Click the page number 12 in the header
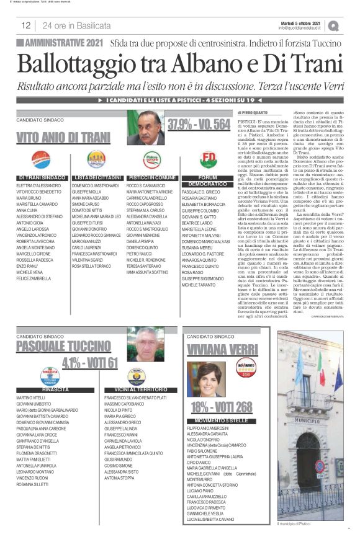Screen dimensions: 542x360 [26, 26]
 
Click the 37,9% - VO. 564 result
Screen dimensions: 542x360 [199, 123]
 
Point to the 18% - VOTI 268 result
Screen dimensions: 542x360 [221, 407]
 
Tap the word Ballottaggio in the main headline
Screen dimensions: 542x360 [87, 65]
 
